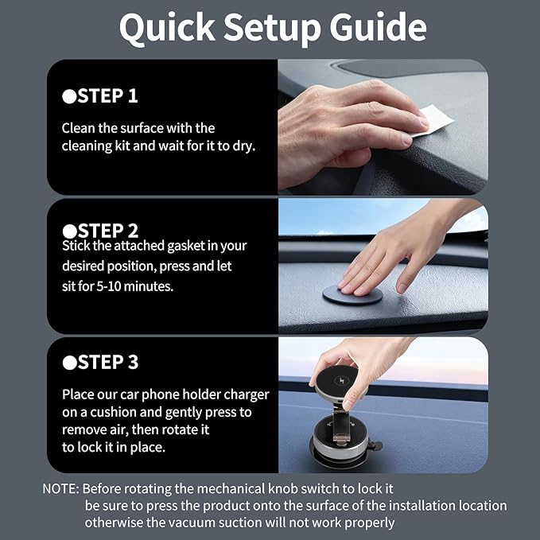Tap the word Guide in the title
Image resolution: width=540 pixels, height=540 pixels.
pos(378,27)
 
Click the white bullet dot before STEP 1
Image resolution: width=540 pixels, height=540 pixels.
pos(69,97)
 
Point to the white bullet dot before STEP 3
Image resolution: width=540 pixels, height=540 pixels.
pos(69,363)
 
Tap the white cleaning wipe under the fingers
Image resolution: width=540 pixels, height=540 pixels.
pos(434,121)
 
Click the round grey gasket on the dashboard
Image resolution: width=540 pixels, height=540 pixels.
pos(352,295)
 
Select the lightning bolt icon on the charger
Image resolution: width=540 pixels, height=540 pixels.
pos(342,381)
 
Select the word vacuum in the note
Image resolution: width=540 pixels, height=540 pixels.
pos(193,523)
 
